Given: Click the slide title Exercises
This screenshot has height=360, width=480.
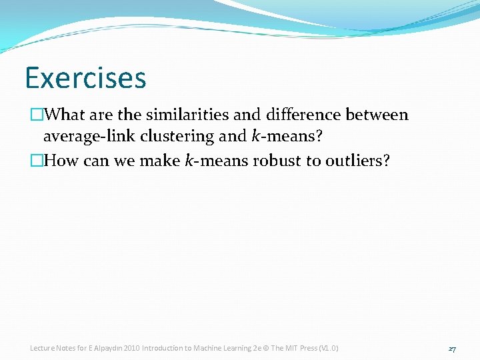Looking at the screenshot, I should [85, 78].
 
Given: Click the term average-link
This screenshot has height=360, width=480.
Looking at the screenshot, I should [89, 137].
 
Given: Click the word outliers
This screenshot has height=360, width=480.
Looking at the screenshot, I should [356, 161].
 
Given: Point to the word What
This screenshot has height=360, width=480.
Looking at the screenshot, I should [65, 115].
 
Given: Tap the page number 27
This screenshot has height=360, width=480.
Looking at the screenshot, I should [452, 349].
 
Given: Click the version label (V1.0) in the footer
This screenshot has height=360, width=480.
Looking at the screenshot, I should [328, 348].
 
